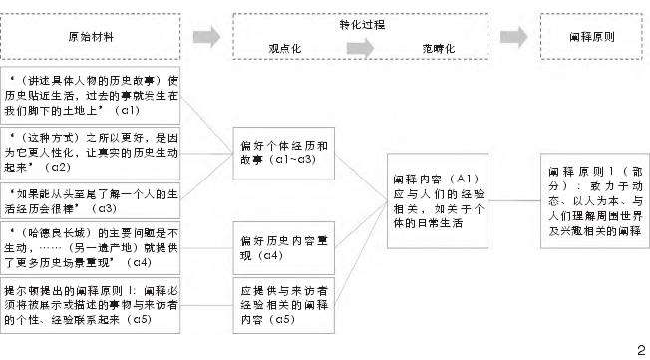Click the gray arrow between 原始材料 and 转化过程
[x=206, y=37]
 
